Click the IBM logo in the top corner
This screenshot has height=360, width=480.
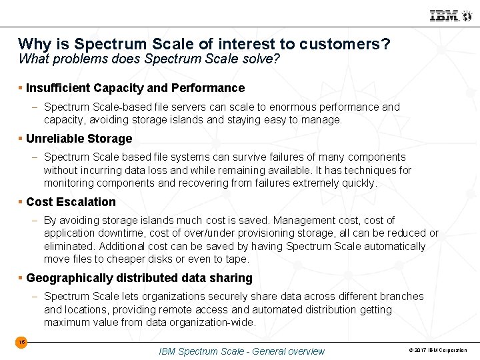(445, 15)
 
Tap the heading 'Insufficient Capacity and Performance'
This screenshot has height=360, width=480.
(135, 88)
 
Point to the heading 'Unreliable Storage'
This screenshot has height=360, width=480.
(79, 139)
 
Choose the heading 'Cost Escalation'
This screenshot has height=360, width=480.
(71, 202)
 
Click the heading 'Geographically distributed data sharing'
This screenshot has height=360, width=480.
(139, 278)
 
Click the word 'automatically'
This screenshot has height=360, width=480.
(393, 246)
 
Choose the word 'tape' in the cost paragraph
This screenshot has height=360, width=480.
(236, 259)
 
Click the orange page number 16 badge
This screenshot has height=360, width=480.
(21, 342)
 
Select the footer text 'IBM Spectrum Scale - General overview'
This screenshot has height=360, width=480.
(241, 351)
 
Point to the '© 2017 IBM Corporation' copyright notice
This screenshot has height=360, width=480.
(437, 351)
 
